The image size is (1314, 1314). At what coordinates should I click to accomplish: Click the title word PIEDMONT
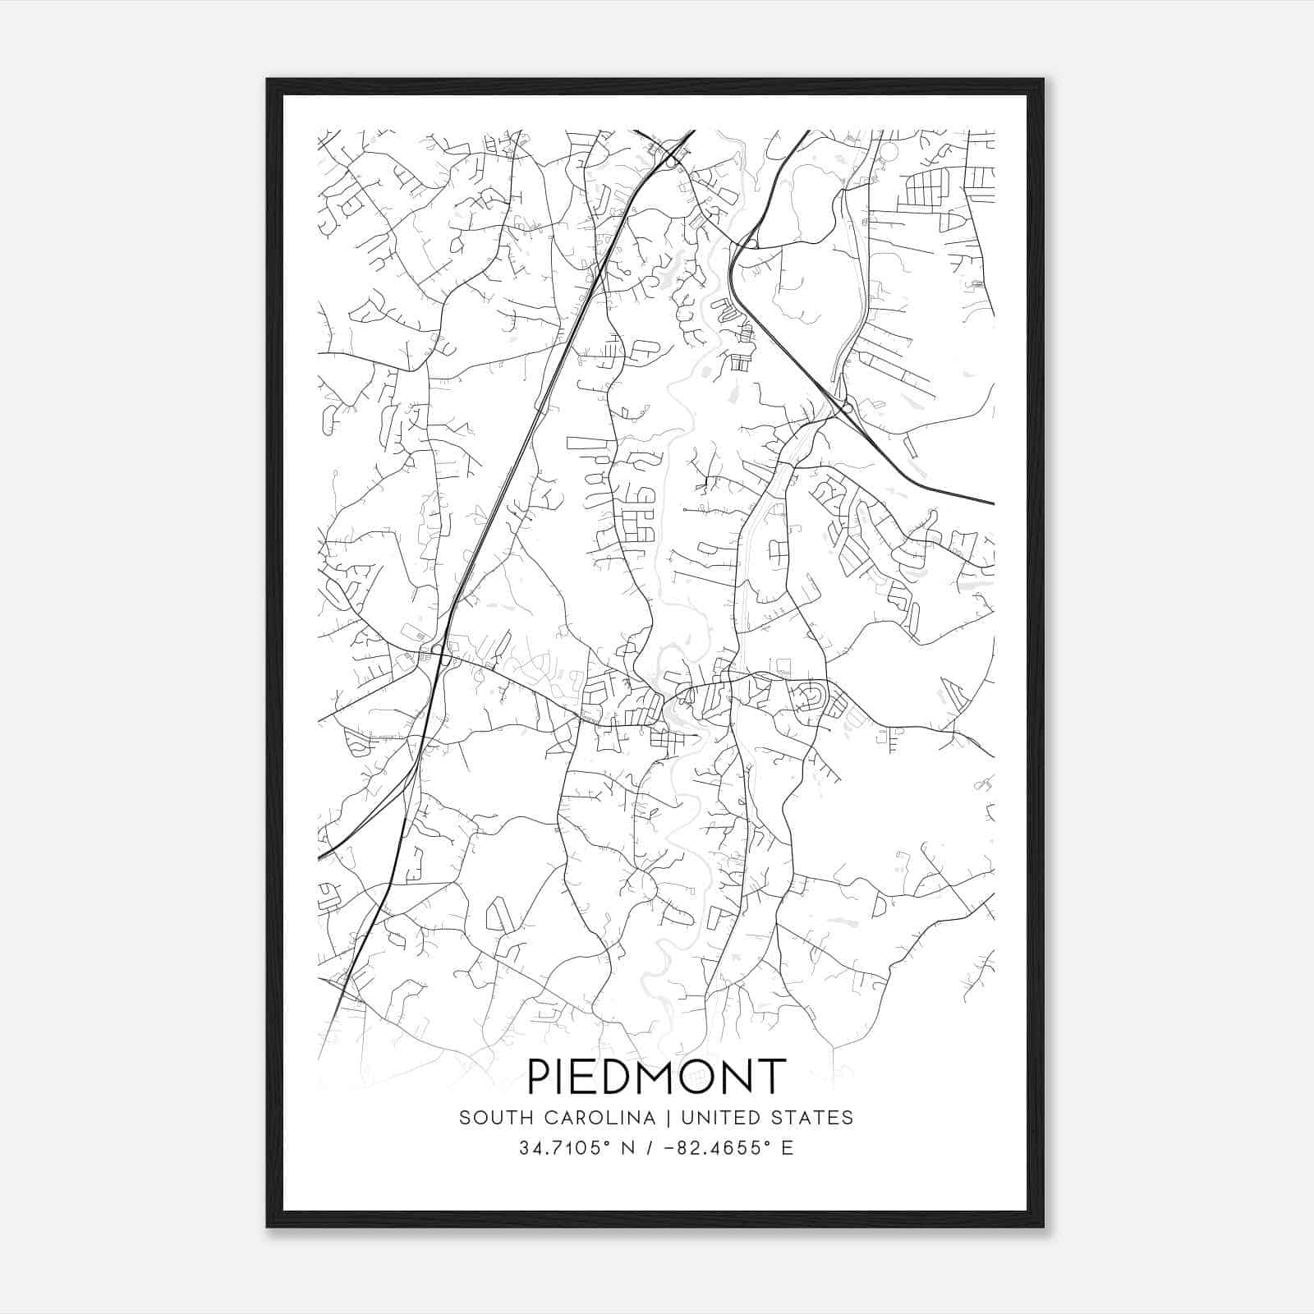point(656,1077)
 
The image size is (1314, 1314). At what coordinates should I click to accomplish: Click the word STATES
point(812,1118)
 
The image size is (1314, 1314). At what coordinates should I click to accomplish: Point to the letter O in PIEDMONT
point(698,1077)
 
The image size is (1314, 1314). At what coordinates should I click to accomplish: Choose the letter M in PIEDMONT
point(655,1077)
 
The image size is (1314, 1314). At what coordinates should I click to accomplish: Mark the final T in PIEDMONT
point(773,1077)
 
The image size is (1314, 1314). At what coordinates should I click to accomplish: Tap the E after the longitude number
point(788,1148)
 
